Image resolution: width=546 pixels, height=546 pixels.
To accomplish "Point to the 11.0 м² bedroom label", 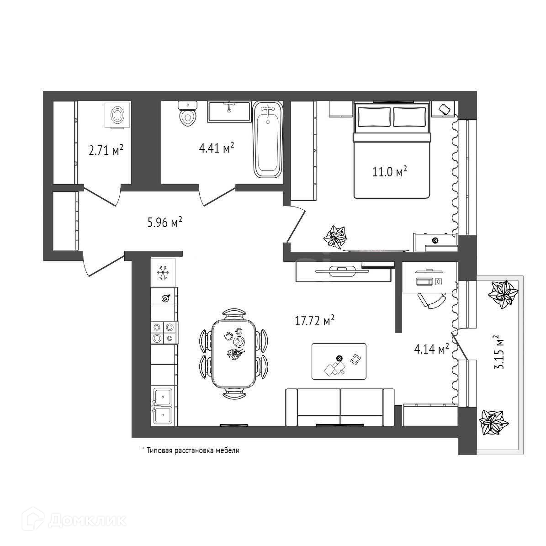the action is click(x=388, y=173).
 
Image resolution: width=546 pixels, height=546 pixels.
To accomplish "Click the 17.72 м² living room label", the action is click(x=315, y=321).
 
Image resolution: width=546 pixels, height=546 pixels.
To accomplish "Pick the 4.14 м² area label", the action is click(x=431, y=350).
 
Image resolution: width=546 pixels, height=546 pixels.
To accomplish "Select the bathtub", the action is click(x=268, y=140).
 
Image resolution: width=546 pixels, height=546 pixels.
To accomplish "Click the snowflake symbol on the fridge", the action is click(x=163, y=273).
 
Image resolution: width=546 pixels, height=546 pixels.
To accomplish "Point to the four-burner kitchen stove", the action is click(x=164, y=333).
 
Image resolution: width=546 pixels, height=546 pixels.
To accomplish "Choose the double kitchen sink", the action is click(x=163, y=405).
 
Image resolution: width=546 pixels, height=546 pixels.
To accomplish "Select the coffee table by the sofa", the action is click(x=339, y=361).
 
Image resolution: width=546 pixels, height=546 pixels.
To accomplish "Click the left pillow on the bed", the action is click(x=374, y=117).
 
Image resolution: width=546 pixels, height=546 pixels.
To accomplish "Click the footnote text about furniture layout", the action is click(x=191, y=451).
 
